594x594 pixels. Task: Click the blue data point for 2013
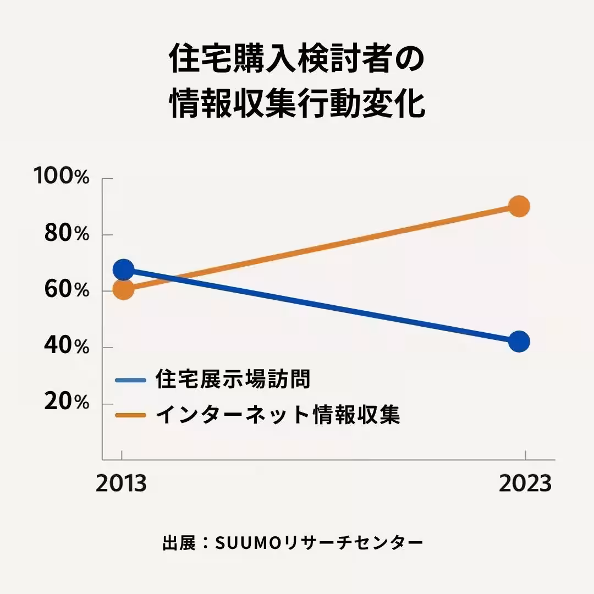[x=123, y=269]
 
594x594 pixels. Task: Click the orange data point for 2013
[x=123, y=289]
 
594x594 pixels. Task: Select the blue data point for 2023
[x=519, y=341]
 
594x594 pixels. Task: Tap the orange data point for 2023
[x=519, y=207]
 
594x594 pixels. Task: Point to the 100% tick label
[x=61, y=177]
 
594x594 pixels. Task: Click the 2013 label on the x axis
[x=122, y=483]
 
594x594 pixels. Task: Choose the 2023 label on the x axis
[x=525, y=483]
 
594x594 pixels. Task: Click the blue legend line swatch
[x=130, y=380]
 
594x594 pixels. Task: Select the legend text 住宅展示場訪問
[x=233, y=380]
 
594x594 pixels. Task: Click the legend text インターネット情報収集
[x=278, y=415]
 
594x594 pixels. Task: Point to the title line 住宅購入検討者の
[x=297, y=59]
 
